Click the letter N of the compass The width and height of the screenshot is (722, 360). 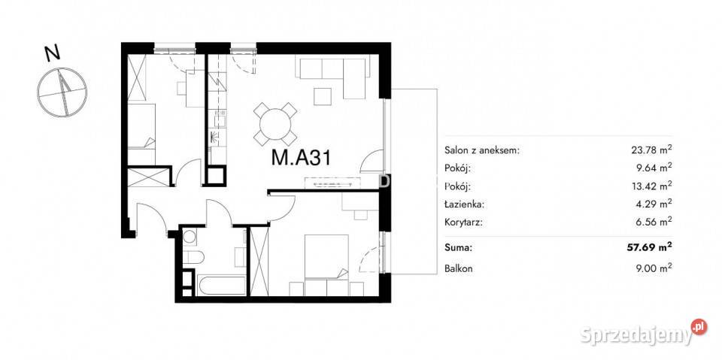click(x=53, y=54)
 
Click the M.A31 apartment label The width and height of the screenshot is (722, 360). click(x=300, y=158)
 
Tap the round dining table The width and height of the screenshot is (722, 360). click(x=275, y=124)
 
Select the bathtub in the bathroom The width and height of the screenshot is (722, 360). click(x=221, y=286)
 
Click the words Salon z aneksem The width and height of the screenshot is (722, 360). click(x=482, y=150)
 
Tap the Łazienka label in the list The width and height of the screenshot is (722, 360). click(x=458, y=204)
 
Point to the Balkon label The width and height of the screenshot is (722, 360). click(x=459, y=268)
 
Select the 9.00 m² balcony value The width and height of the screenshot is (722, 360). click(x=653, y=268)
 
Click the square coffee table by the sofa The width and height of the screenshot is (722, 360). click(x=323, y=96)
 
